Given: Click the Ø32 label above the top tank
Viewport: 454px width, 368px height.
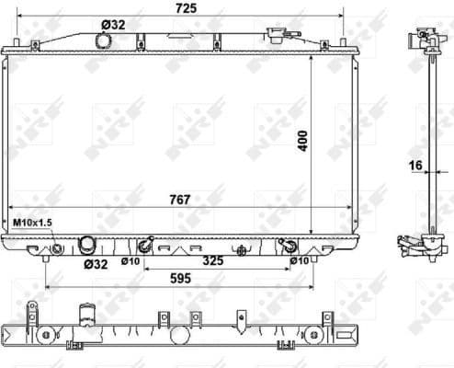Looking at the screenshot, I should coord(112,26).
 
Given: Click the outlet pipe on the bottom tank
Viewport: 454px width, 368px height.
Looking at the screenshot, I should coord(87,245).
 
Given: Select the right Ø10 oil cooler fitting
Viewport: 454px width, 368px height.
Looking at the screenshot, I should coord(289,245).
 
